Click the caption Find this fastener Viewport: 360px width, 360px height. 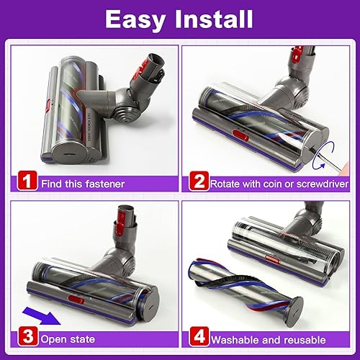(82, 184)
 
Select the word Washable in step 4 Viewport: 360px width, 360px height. (237, 338)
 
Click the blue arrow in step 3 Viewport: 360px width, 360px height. (40, 313)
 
